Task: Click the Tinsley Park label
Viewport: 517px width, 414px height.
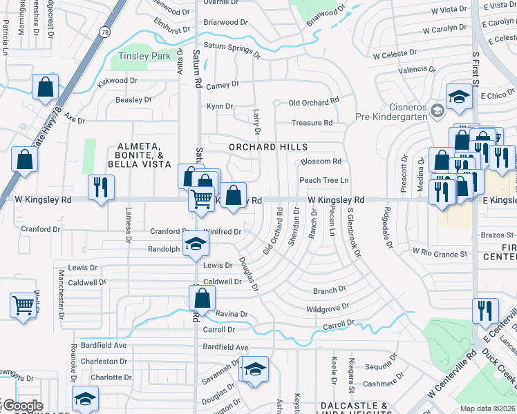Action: tap(144, 56)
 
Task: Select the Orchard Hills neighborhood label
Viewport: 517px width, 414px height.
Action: tap(268, 147)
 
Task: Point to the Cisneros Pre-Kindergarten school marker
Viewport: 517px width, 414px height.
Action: tap(437, 110)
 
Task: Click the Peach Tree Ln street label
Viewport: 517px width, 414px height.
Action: tap(323, 181)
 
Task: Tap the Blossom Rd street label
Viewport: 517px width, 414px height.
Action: tap(321, 161)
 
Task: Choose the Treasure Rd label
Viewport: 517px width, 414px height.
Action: tap(312, 123)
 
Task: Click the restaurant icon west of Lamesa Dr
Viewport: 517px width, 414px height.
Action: tap(101, 187)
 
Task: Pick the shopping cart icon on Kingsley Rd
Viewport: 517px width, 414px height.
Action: tap(201, 199)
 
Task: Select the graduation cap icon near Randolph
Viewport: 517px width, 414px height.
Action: tap(196, 243)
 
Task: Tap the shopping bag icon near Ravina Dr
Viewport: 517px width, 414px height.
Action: tap(203, 297)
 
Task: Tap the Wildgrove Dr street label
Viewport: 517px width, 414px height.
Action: tap(328, 307)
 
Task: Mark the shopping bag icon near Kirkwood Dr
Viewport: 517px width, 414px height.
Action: tap(45, 87)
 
